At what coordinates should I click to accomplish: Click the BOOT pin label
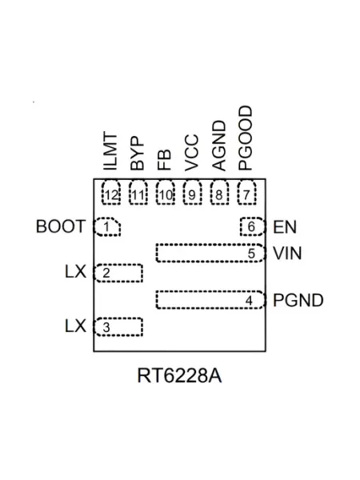click(61, 226)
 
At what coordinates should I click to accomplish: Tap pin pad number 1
click(107, 227)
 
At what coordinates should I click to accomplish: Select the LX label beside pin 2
click(75, 271)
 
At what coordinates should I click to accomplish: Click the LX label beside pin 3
click(75, 326)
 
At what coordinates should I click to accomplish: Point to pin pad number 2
click(118, 273)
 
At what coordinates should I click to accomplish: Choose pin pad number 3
click(118, 327)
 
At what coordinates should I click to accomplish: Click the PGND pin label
click(298, 300)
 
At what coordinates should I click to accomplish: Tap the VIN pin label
click(287, 254)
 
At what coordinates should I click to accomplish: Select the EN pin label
click(285, 227)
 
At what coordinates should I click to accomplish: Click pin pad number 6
click(252, 227)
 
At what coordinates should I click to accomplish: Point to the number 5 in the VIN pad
click(251, 254)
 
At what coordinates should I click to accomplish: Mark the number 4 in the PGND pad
click(250, 301)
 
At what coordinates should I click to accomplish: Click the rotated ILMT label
click(110, 151)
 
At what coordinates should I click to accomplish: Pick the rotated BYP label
click(137, 154)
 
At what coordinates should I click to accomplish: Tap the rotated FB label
click(164, 159)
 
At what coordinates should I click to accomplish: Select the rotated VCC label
click(192, 153)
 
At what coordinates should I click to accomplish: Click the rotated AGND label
click(219, 146)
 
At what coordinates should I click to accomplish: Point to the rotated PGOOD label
click(246, 138)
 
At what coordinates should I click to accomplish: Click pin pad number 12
click(111, 193)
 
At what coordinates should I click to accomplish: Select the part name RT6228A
click(179, 375)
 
